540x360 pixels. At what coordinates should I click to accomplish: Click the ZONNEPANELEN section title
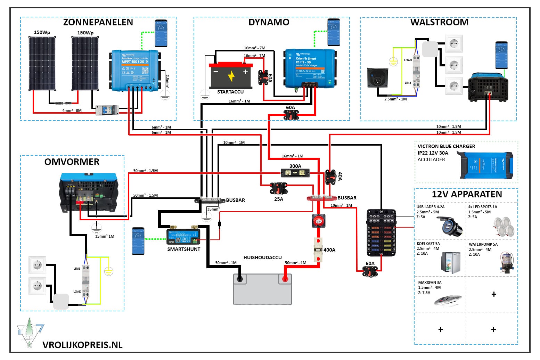98,22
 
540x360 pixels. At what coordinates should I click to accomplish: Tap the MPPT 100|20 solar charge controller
135,71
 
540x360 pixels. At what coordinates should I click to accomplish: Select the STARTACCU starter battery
231,75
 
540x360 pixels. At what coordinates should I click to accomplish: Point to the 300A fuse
295,172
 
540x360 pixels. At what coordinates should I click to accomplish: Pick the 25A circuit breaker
278,189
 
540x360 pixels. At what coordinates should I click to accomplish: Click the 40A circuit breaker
330,177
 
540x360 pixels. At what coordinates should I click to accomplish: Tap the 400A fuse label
329,250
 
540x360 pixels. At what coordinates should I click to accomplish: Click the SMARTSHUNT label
183,249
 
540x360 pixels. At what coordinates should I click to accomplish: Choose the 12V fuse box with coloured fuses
381,232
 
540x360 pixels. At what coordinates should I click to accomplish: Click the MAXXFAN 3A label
430,283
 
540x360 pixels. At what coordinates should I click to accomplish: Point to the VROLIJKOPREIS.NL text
82,345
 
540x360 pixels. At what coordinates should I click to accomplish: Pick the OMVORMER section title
72,162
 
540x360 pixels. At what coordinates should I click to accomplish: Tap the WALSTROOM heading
439,22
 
